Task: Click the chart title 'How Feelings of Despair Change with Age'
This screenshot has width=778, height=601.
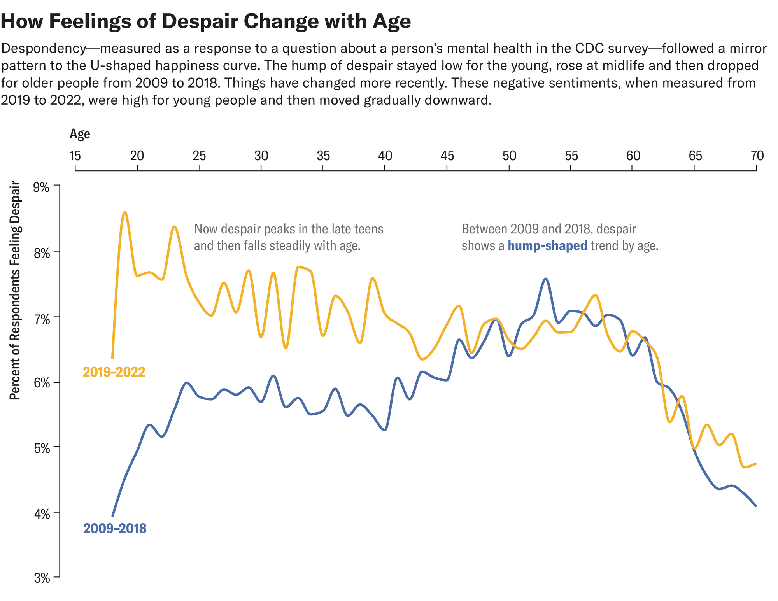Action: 205,21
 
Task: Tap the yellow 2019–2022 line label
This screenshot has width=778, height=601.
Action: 114,372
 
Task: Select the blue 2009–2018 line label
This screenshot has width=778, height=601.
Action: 115,529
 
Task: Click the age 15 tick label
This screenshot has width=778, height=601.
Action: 75,156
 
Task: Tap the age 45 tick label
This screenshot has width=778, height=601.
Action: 447,156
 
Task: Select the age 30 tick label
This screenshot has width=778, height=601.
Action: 261,156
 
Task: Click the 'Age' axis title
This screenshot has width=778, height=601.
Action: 80,134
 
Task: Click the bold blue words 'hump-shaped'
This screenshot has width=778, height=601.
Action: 547,246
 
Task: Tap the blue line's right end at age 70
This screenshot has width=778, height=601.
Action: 756,506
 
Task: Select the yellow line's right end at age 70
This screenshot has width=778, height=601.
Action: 756,463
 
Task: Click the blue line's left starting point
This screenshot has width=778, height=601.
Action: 112,515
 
